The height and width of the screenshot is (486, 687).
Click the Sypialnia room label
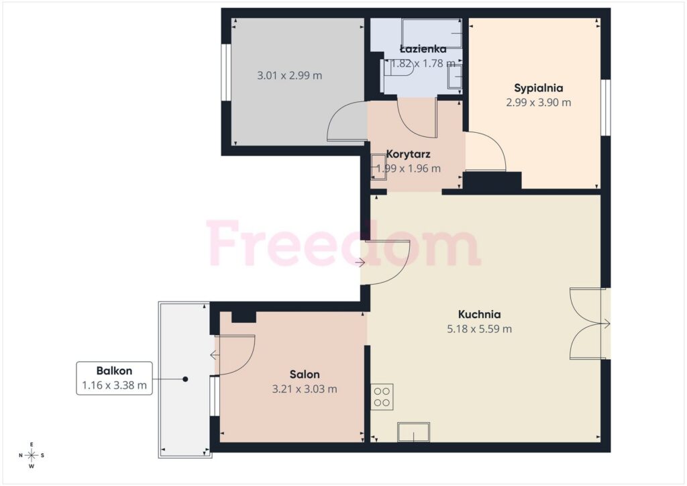[539, 88]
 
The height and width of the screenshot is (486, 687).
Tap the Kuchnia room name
[479, 314]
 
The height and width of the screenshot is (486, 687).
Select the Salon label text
[305, 375]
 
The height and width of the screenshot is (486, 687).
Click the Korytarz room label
[409, 154]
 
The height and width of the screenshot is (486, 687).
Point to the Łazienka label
[423, 48]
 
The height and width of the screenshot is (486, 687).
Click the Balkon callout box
[114, 378]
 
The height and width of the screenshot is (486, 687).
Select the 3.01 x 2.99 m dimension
[290, 75]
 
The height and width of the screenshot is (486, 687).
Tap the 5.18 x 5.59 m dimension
[479, 329]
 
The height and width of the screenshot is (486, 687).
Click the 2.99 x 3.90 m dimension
[539, 103]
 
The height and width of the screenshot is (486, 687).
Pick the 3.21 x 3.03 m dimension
[305, 389]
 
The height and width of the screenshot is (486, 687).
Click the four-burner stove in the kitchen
[382, 397]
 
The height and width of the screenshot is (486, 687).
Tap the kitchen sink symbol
[413, 432]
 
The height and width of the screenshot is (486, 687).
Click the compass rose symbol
[32, 455]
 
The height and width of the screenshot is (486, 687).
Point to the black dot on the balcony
[185, 379]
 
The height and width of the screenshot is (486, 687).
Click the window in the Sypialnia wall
[606, 107]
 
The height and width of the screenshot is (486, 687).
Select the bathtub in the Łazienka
[432, 34]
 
